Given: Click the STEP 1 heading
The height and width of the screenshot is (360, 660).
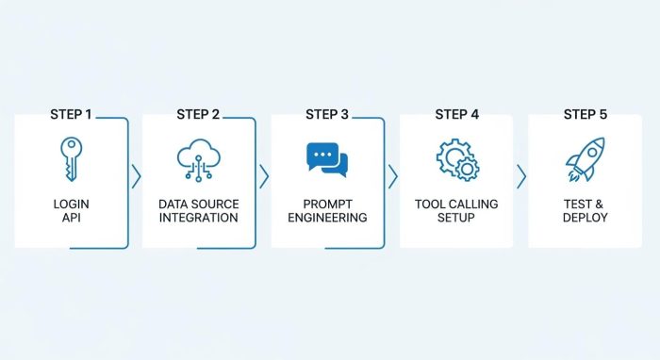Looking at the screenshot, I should [x=71, y=114].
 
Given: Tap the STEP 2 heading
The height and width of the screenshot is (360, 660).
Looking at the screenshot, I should [x=198, y=114].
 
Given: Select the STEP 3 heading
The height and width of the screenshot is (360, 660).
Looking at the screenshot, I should [x=327, y=114].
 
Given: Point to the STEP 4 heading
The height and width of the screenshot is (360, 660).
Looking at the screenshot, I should [x=456, y=114].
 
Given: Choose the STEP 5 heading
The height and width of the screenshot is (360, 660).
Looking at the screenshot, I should [x=586, y=114].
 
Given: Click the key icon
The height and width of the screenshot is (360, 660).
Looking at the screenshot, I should [x=71, y=157].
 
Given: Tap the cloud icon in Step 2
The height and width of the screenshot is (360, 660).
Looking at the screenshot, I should [x=198, y=159].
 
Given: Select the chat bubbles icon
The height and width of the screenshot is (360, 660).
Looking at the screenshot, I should [x=327, y=160].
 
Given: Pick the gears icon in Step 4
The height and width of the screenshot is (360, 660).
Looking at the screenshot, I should [x=456, y=160].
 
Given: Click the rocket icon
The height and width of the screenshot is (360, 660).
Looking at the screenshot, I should [x=586, y=159].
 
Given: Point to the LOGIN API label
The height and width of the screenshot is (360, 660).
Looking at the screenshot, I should [x=71, y=210].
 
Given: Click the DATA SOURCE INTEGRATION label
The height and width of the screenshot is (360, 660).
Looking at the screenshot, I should [x=198, y=210].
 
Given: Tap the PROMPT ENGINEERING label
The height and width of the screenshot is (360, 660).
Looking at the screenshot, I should [x=327, y=210].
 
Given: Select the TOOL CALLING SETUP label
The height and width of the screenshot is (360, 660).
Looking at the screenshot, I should [x=456, y=210].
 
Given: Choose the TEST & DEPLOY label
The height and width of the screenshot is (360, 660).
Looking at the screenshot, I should [x=586, y=210].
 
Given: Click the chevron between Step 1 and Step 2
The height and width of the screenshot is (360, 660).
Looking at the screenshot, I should [x=136, y=176].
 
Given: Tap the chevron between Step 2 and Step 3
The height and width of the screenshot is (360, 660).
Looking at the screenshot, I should [x=264, y=176].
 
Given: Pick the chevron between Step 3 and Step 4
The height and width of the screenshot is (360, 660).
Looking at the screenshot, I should [x=392, y=176].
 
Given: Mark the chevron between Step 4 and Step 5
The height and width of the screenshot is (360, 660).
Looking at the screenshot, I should [x=520, y=176].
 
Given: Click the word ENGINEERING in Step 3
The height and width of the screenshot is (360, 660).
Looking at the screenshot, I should [x=327, y=218].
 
